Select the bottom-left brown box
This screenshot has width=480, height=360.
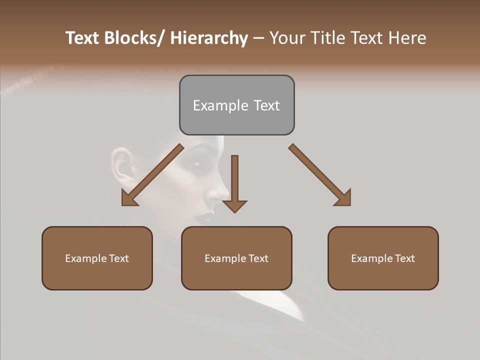97,258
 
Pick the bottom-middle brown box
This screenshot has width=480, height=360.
236,258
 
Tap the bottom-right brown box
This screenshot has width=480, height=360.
383,258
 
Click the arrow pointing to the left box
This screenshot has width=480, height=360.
152,175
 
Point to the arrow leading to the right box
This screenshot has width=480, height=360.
320,175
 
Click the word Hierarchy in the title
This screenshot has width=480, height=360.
209,38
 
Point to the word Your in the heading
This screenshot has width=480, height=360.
287,38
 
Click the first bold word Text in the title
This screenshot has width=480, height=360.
83,38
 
